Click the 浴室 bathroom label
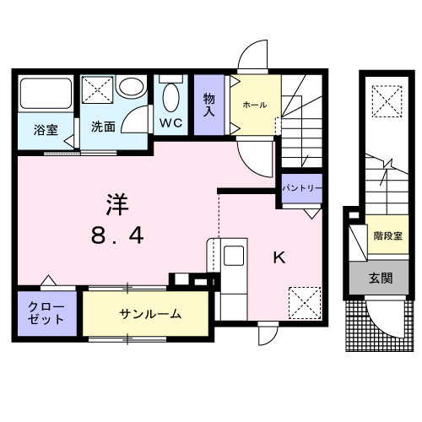pos(46,130)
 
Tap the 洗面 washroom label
pos(103,127)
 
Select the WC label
pos(172,122)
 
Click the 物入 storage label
pos(209,105)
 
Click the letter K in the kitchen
pos(278,258)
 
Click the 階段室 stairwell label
pos(387,236)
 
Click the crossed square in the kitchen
pos(305,301)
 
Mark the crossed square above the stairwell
pos(387,101)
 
